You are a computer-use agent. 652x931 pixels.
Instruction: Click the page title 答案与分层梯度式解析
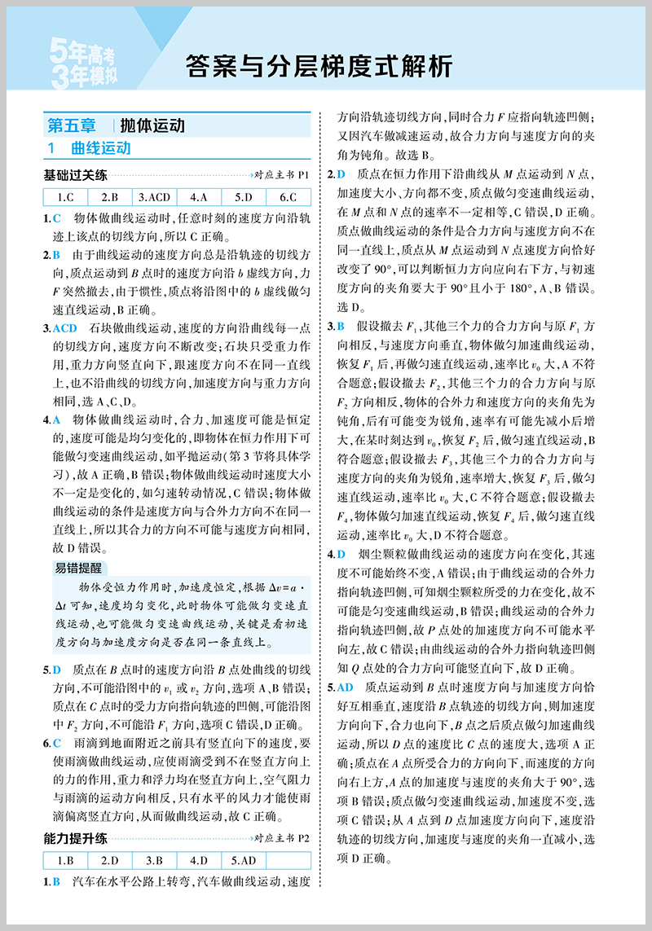pyautogui.click(x=318, y=65)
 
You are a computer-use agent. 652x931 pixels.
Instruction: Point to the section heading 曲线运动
pyautogui.click(x=100, y=149)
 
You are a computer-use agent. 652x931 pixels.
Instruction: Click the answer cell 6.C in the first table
pyautogui.click(x=288, y=196)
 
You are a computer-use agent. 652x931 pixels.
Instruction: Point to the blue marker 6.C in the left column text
pyautogui.click(x=52, y=743)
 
